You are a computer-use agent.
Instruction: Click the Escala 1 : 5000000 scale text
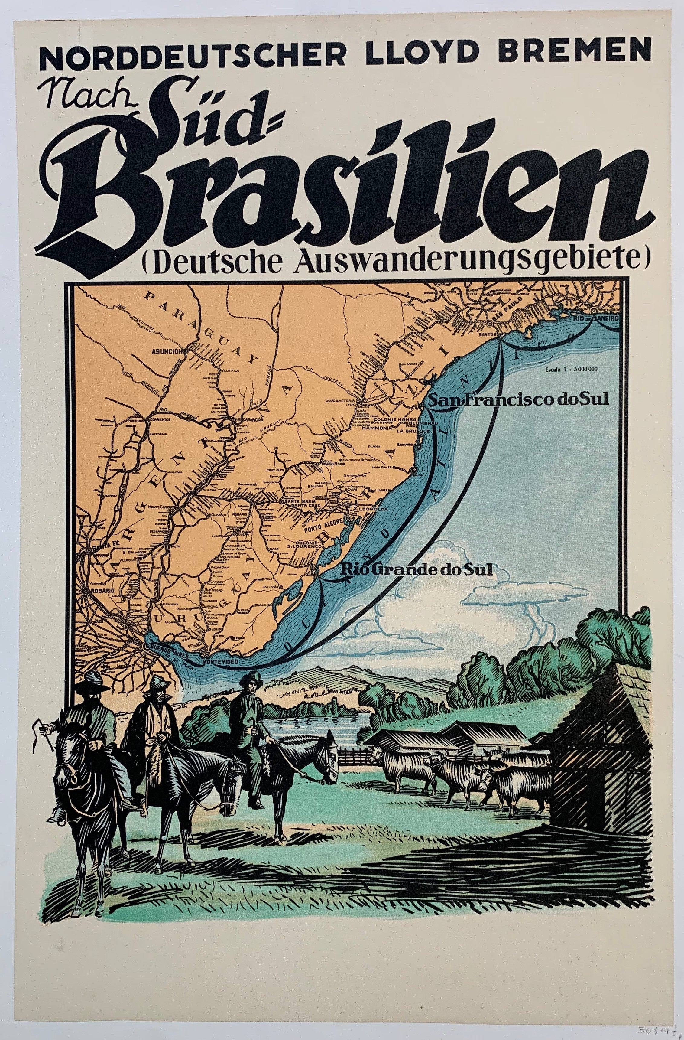[x=570, y=370]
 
